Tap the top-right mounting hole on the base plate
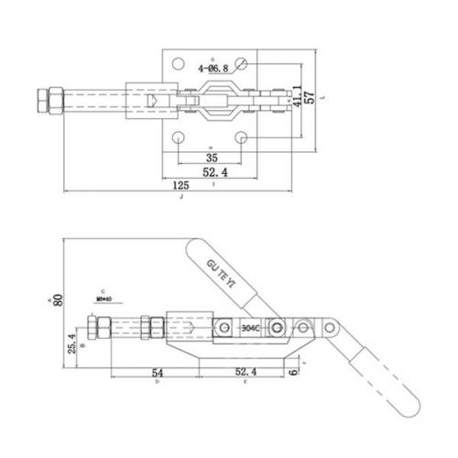pyautogui.click(x=241, y=64)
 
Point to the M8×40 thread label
pyautogui.click(x=103, y=298)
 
